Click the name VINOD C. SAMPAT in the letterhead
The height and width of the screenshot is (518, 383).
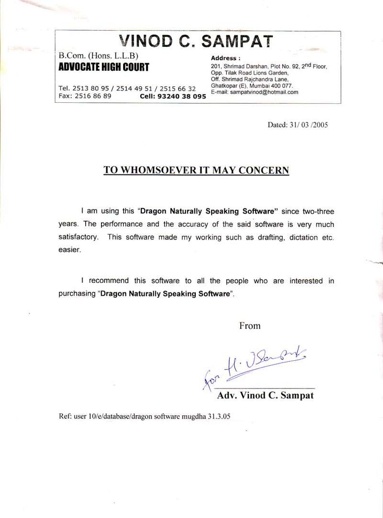pyautogui.click(x=196, y=41)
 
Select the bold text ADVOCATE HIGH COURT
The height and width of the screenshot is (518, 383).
pyautogui.click(x=103, y=67)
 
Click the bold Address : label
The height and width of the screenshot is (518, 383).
pyautogui.click(x=224, y=58)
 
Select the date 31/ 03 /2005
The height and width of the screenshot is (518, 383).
pyautogui.click(x=308, y=125)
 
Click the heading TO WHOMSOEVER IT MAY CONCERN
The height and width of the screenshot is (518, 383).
pyautogui.click(x=196, y=170)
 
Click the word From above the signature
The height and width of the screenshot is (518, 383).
pyautogui.click(x=249, y=326)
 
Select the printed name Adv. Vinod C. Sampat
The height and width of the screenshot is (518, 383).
pyautogui.click(x=265, y=396)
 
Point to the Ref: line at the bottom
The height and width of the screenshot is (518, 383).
pyautogui.click(x=144, y=416)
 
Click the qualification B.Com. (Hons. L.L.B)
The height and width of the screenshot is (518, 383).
pyautogui.click(x=98, y=55)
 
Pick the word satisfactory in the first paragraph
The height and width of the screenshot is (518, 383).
pyautogui.click(x=79, y=237)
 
